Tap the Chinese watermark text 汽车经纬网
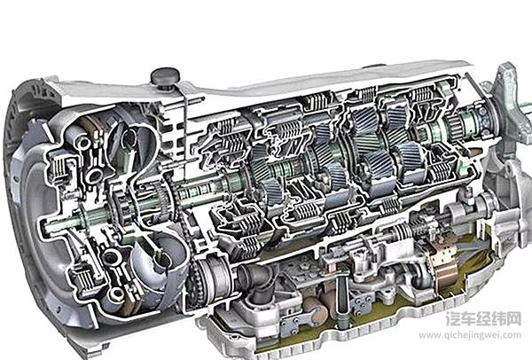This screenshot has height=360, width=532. tap(483, 318)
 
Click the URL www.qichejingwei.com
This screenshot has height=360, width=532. tap(470, 335)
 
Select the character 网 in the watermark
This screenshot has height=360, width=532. tap(513, 318)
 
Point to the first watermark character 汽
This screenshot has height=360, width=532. tap(453, 318)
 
